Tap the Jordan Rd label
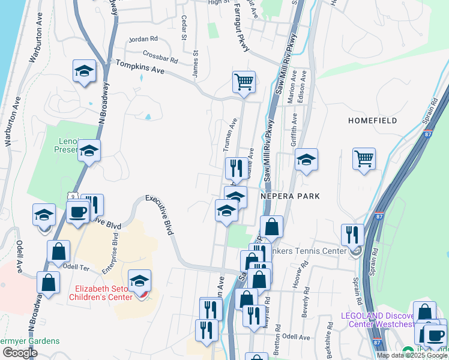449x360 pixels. (143, 39)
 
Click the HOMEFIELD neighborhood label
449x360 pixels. (372, 121)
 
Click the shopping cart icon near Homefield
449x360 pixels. (364, 159)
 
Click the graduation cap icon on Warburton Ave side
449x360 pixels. (85, 71)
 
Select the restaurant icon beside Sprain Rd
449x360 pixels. (352, 235)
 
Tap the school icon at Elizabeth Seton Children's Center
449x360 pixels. (139, 281)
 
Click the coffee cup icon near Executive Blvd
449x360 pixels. (77, 212)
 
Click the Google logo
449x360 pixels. (20, 353)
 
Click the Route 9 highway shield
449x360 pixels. (73, 196)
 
